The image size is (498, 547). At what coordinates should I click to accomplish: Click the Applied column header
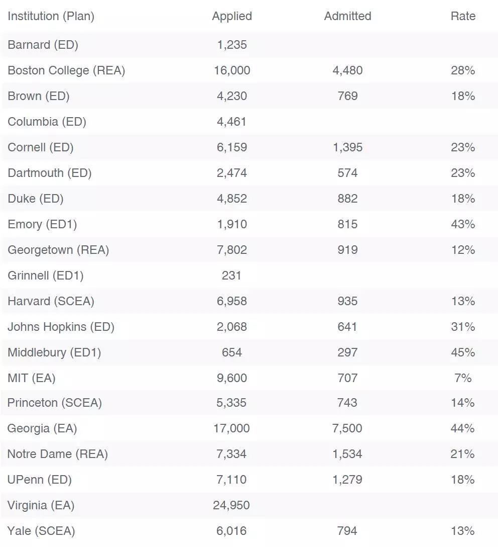pyautogui.click(x=232, y=16)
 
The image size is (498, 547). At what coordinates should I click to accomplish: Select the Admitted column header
pyautogui.click(x=347, y=16)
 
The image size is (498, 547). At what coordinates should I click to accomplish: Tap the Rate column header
pyautogui.click(x=463, y=16)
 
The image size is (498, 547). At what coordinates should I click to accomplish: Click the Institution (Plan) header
pyautogui.click(x=51, y=16)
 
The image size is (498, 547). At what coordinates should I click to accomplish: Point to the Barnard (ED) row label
pyautogui.click(x=43, y=45)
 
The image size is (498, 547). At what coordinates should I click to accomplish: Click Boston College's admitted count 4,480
pyautogui.click(x=347, y=70)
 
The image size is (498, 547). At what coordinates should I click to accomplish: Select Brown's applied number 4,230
pyautogui.click(x=232, y=96)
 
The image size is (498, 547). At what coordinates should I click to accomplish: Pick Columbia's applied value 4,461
pyautogui.click(x=232, y=122)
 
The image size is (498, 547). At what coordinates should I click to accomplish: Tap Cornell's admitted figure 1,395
pyautogui.click(x=347, y=147)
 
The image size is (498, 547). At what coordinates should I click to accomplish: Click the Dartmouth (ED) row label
pyautogui.click(x=49, y=173)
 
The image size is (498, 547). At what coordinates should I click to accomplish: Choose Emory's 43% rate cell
pyautogui.click(x=463, y=224)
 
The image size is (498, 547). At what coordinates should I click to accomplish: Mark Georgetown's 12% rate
pyautogui.click(x=463, y=250)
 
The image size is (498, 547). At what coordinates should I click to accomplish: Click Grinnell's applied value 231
pyautogui.click(x=232, y=276)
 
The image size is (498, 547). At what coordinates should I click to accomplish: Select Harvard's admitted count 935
pyautogui.click(x=347, y=301)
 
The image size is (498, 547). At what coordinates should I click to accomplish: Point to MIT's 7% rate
pyautogui.click(x=463, y=378)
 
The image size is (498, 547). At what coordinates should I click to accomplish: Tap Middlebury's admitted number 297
pyautogui.click(x=347, y=352)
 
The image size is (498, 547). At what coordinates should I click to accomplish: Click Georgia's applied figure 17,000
pyautogui.click(x=232, y=428)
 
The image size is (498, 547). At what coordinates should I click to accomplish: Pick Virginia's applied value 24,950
pyautogui.click(x=231, y=505)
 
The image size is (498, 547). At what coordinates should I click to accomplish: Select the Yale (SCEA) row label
pyautogui.click(x=41, y=531)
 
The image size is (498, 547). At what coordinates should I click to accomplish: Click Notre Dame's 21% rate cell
pyautogui.click(x=463, y=454)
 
